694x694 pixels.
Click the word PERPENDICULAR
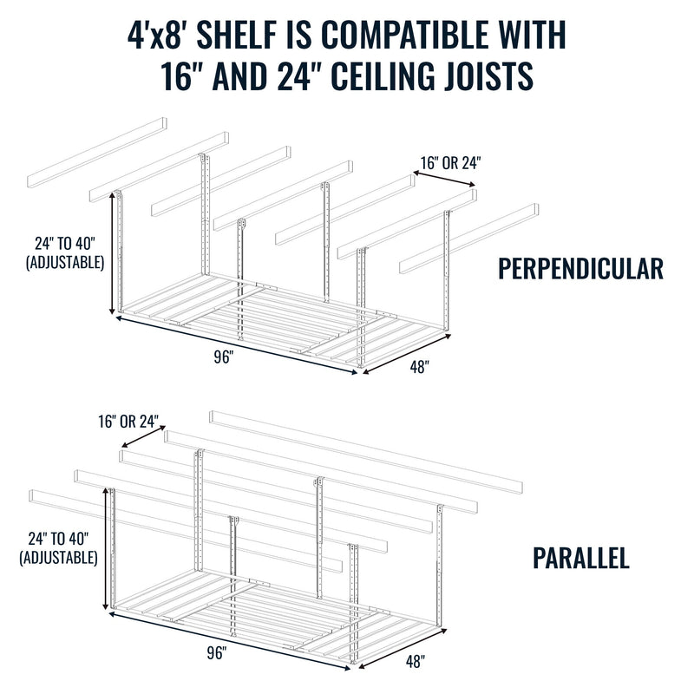580,268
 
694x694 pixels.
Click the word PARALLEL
580,557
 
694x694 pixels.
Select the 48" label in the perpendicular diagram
419,367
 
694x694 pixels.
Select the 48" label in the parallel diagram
415,662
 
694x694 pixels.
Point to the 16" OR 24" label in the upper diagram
450,161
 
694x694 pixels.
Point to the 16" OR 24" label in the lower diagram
130,422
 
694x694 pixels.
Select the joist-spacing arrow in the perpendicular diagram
444,178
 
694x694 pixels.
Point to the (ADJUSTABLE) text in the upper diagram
66,261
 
